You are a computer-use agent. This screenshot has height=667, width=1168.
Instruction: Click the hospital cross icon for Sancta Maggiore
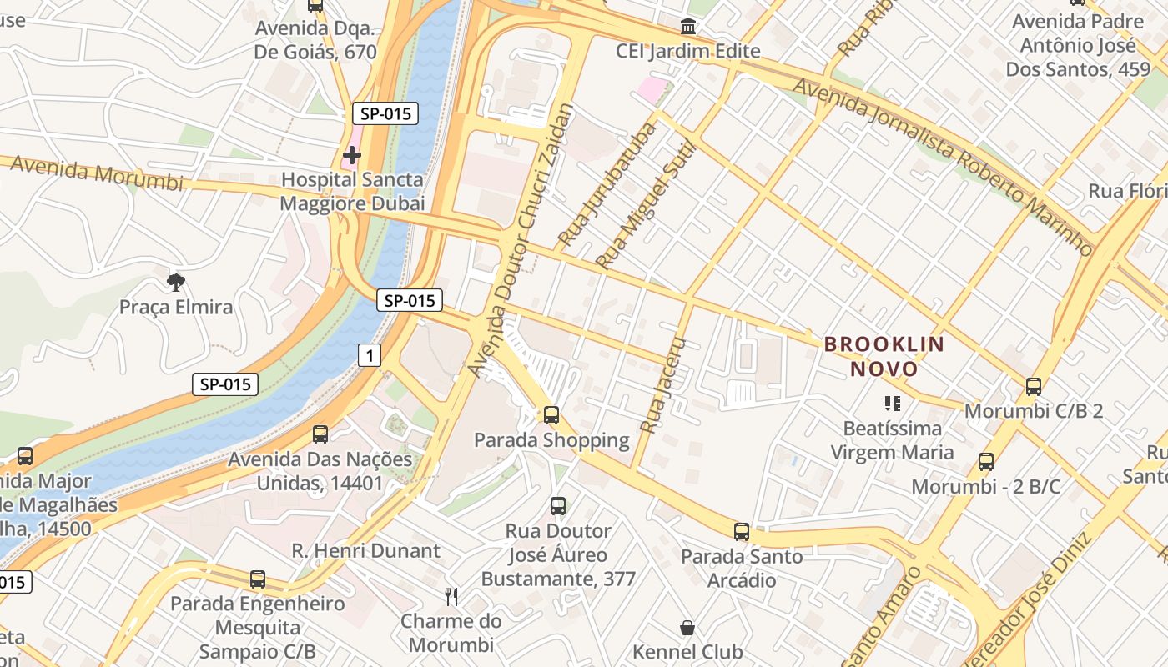352,155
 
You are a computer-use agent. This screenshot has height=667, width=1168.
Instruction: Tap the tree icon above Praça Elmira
175,283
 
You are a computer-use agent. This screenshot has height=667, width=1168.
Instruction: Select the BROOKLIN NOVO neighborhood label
884,356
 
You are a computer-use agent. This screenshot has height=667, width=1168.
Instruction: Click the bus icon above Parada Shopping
551,415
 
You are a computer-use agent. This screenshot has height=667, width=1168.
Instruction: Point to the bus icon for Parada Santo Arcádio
741,532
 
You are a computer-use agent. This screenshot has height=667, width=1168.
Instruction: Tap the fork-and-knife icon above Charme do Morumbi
451,596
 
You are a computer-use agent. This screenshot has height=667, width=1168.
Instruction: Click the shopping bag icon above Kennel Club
687,628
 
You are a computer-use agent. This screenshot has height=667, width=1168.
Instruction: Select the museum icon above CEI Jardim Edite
688,27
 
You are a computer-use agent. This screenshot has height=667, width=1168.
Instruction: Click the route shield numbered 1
370,356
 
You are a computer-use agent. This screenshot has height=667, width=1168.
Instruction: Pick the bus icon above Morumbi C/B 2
1033,387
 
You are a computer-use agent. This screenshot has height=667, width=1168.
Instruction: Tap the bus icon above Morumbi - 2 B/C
985,462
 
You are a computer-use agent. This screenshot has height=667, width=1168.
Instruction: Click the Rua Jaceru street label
662,385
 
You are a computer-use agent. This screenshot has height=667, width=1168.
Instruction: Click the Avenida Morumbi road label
96,173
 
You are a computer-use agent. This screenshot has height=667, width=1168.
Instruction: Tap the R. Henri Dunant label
365,550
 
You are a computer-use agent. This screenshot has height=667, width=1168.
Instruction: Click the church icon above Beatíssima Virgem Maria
892,404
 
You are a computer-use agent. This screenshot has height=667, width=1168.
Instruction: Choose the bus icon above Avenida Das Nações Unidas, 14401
320,434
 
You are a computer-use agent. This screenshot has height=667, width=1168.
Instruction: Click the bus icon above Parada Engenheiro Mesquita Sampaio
257,579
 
